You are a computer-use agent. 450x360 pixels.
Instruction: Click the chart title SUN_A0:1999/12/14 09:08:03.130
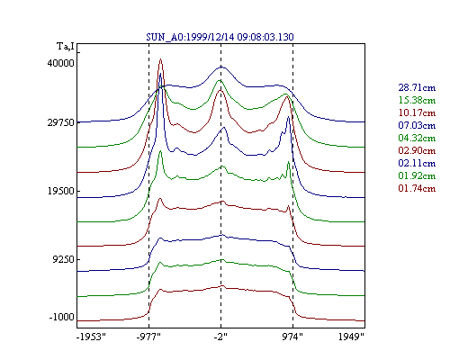[220, 37]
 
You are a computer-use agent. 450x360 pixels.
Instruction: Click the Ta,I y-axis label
[66, 47]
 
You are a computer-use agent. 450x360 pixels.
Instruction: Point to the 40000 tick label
[60, 63]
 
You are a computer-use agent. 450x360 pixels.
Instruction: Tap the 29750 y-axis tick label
[60, 122]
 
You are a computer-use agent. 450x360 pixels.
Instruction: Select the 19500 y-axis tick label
[60, 191]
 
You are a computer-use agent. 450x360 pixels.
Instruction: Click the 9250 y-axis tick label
[63, 259]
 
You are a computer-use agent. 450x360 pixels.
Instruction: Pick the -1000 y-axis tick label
[62, 317]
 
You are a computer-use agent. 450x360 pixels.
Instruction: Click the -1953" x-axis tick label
[91, 337]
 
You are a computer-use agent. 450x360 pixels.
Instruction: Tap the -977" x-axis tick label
[148, 337]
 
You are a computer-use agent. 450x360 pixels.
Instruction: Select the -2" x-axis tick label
[220, 337]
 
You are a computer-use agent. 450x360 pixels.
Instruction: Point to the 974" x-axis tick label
[292, 337]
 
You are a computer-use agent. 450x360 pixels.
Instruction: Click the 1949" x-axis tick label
[351, 337]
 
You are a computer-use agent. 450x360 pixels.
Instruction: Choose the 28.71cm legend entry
[417, 87]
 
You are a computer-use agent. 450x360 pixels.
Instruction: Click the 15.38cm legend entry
[417, 100]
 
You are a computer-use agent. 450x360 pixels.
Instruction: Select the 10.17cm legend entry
[417, 112]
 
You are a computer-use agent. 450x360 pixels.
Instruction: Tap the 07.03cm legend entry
[417, 125]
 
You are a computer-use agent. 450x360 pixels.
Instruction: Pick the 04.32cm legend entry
[417, 138]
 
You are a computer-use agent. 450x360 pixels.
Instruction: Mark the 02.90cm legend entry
[417, 150]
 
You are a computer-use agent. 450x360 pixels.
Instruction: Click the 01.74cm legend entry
[417, 188]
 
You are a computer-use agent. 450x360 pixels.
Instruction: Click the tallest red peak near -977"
[160, 59]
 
